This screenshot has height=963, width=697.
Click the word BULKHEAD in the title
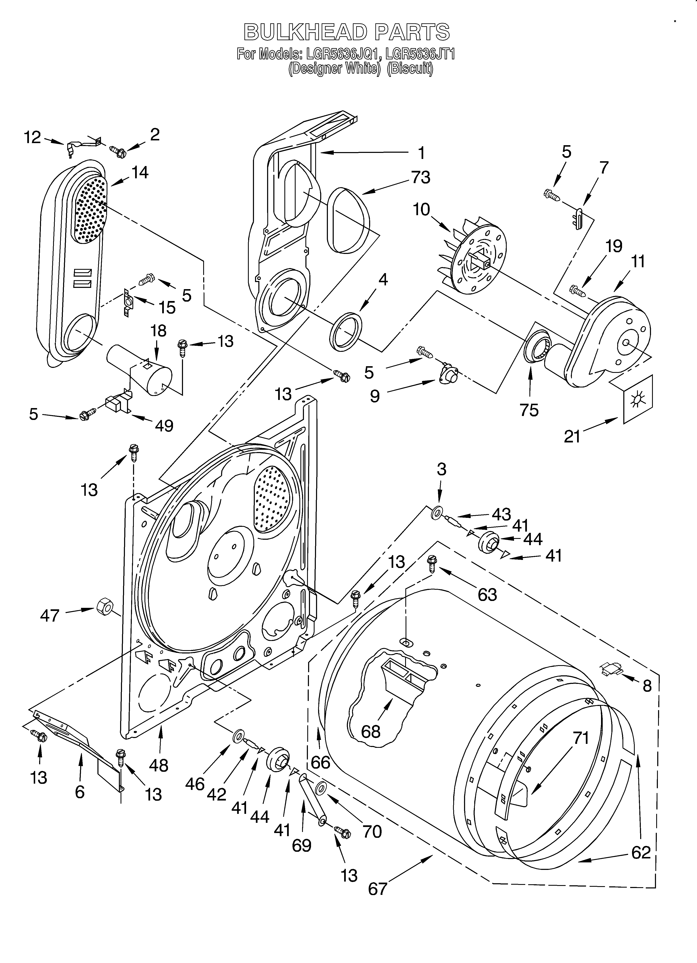tap(304, 32)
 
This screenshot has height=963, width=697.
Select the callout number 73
tap(420, 177)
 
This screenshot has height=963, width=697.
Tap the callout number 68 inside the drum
tap(371, 731)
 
